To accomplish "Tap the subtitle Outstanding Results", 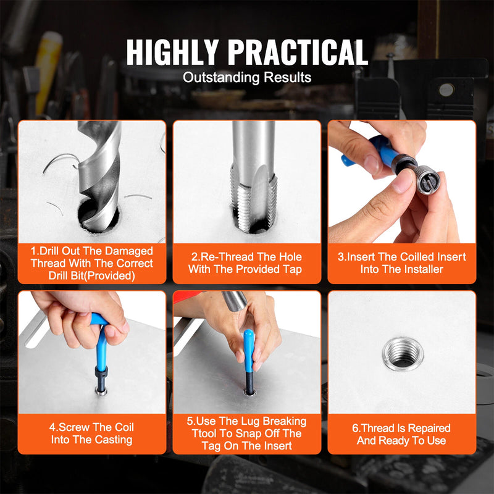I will [247, 78].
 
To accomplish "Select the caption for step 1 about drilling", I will [92, 263].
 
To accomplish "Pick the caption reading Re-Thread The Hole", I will [247, 263].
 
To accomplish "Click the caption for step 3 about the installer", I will [402, 263].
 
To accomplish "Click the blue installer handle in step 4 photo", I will [99, 337].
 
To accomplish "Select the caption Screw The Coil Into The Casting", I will [92, 433].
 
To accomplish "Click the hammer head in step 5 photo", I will [235, 300].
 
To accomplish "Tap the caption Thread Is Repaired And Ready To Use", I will [402, 434].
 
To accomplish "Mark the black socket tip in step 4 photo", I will [99, 377].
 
